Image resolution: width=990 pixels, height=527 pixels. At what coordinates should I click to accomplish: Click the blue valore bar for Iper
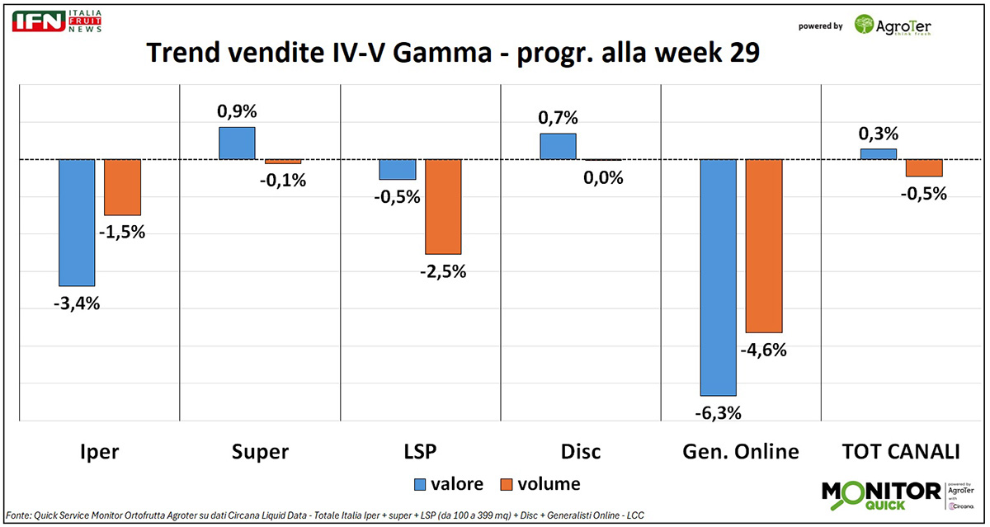76,222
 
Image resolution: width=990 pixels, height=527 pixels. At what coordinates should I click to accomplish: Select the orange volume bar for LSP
443,206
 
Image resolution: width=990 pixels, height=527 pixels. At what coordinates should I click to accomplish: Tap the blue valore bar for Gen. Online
718,277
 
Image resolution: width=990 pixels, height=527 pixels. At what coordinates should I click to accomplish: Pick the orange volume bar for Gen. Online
763,245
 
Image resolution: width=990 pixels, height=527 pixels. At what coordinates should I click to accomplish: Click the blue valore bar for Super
237,143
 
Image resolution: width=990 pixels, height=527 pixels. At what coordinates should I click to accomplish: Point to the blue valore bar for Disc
558,146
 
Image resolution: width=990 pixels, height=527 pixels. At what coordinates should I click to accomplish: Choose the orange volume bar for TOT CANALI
923,167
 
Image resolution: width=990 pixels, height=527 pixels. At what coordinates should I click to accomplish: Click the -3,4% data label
76,303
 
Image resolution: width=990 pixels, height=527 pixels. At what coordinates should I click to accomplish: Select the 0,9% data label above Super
237,111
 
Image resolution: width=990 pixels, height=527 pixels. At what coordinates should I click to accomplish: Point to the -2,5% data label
443,271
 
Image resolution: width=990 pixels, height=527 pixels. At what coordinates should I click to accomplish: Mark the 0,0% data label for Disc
603,177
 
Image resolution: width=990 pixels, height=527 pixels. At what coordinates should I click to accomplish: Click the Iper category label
99,451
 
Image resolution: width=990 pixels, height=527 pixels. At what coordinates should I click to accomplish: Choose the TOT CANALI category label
901,451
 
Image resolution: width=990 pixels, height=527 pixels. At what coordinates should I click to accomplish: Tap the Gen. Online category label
741,451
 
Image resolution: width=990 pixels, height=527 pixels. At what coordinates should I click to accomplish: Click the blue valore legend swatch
419,484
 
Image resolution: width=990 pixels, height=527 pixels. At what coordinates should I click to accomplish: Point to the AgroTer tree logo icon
865,26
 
